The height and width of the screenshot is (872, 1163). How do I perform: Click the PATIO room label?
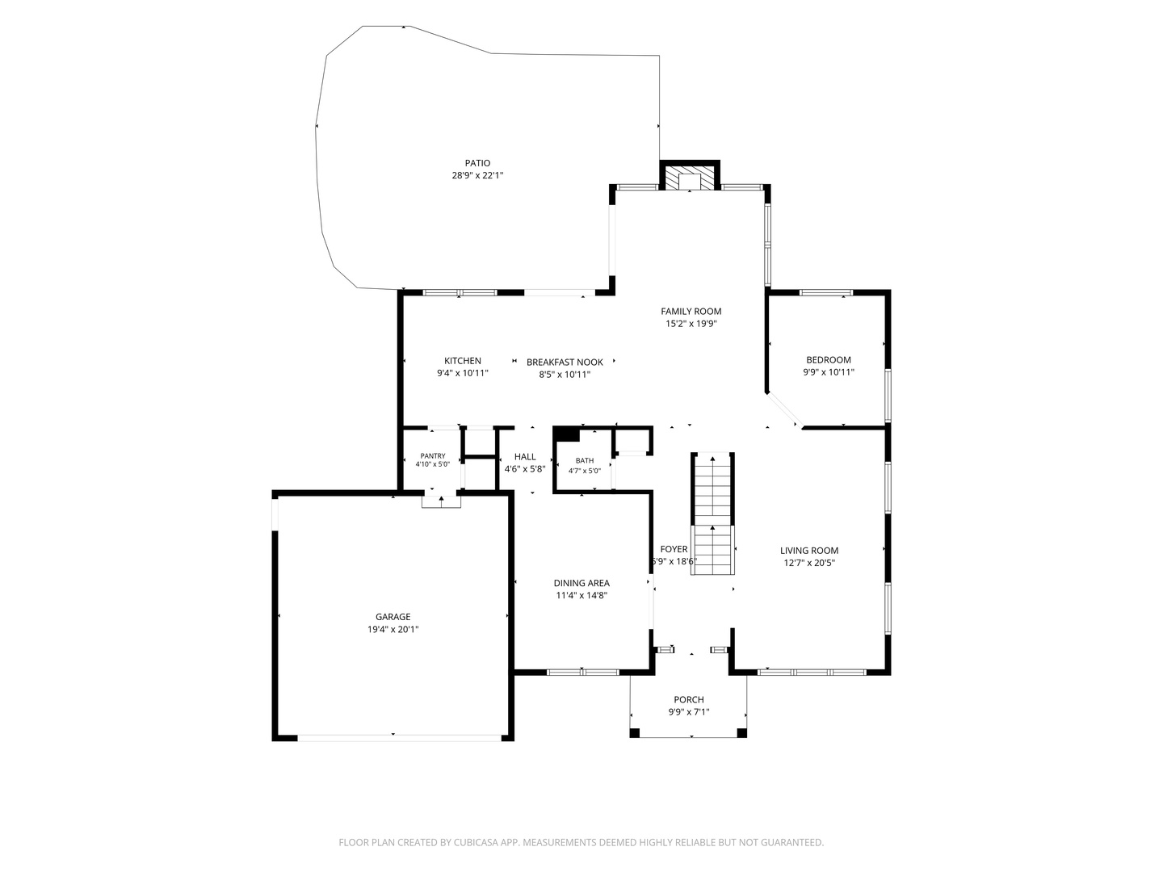point(477,163)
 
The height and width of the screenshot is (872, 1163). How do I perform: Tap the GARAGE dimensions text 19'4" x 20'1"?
point(393,629)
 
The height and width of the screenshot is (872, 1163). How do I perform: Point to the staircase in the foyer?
point(712,514)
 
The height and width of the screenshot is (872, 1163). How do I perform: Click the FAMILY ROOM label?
point(691,312)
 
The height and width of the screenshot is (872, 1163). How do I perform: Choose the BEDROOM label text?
point(828,360)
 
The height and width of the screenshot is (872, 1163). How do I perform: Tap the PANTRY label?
point(432,456)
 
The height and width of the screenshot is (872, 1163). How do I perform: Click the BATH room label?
point(585,460)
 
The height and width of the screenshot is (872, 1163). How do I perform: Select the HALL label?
point(524,456)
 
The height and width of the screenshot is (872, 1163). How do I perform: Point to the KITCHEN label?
point(463,361)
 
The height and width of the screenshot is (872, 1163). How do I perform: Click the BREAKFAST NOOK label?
point(565,363)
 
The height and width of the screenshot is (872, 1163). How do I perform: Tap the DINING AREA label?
point(581,583)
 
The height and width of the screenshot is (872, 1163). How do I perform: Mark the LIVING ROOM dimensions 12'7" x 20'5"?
point(809,563)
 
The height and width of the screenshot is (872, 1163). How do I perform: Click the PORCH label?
point(689,699)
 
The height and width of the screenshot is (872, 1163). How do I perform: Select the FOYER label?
point(674,549)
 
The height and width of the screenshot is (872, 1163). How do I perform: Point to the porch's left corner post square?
point(634,733)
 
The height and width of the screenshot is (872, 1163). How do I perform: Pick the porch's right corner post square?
point(741,733)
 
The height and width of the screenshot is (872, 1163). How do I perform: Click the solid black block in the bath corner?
point(565,433)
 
